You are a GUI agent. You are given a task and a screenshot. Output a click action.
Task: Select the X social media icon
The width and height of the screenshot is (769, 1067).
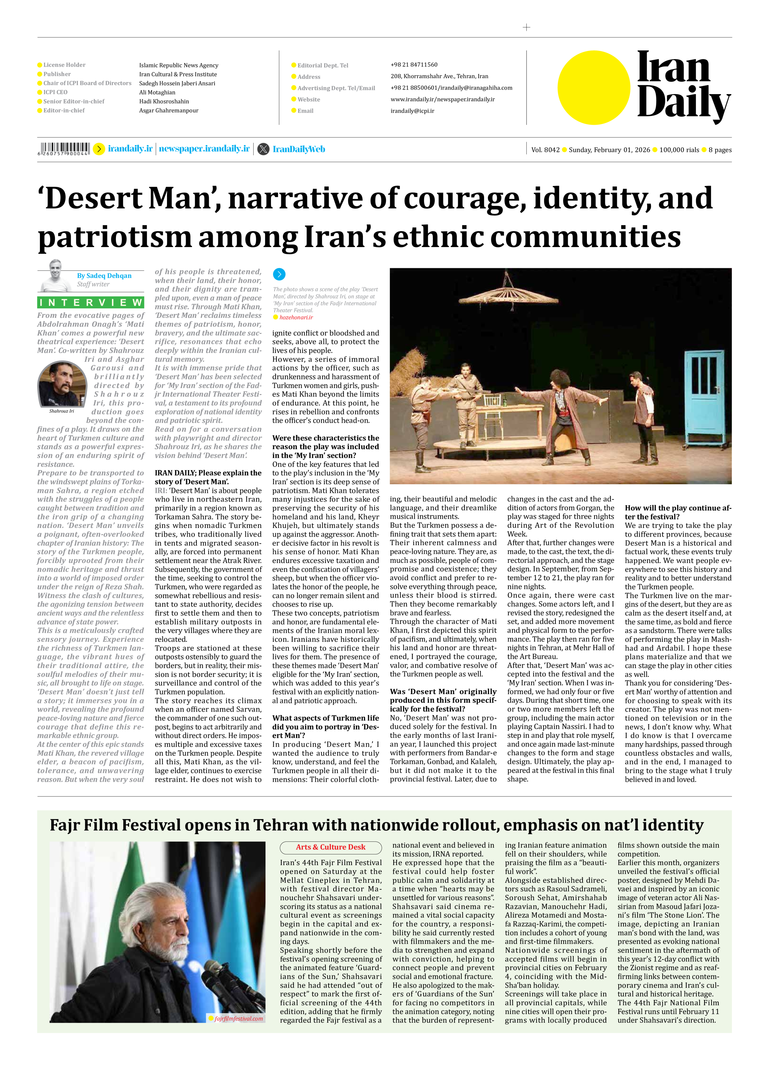[x=263, y=149]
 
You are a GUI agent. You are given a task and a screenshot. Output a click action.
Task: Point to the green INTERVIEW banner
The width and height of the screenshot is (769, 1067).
[x=91, y=302]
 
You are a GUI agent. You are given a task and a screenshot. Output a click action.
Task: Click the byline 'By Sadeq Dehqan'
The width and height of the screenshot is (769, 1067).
[x=104, y=276]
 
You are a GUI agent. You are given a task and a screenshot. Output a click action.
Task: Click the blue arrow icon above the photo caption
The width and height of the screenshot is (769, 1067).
[x=279, y=274]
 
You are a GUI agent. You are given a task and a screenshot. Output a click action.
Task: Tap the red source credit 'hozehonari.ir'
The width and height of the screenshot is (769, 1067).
[x=296, y=318]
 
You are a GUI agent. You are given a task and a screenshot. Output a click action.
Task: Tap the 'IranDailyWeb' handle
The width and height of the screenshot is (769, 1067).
[x=299, y=150]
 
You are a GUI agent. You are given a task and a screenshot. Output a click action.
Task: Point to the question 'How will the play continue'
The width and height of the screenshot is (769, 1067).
[x=678, y=512]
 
